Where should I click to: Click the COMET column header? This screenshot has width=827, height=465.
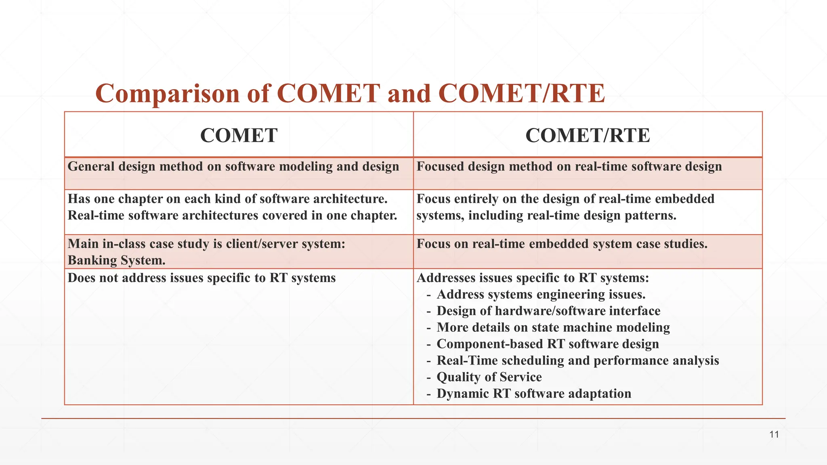click(x=239, y=135)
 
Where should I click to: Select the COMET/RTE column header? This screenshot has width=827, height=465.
click(x=588, y=135)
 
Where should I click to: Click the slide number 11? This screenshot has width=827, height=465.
click(x=774, y=435)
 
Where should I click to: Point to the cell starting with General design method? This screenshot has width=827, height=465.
click(x=233, y=167)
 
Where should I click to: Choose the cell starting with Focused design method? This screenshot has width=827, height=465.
click(x=569, y=167)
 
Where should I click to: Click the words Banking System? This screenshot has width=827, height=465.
click(x=116, y=260)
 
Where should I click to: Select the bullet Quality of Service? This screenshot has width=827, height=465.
click(x=489, y=377)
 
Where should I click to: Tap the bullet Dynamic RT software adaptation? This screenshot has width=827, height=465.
click(x=533, y=394)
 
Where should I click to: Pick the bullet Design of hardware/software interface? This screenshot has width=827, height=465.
click(x=548, y=311)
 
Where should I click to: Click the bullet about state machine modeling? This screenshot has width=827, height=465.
click(x=553, y=327)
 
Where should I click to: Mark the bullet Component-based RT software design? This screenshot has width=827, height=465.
click(x=548, y=344)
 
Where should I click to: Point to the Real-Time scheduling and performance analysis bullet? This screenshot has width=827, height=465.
click(x=577, y=360)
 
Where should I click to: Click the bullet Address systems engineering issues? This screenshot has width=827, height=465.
click(x=541, y=294)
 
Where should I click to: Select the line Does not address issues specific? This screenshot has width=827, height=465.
click(x=202, y=278)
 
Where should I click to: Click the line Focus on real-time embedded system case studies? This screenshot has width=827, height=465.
click(x=562, y=244)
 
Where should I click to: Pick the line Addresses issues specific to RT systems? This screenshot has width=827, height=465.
click(x=532, y=278)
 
